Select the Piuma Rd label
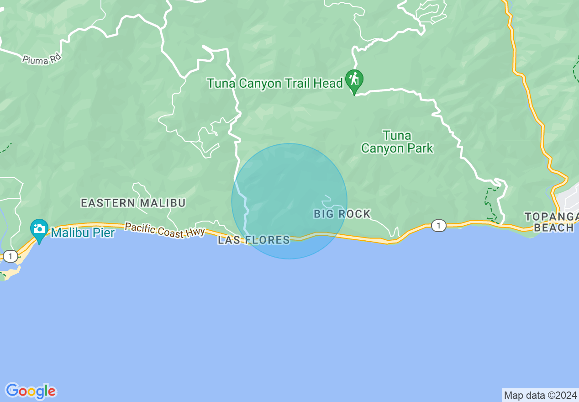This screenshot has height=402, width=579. (x=42, y=59)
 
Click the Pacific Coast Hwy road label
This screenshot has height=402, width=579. (x=165, y=230)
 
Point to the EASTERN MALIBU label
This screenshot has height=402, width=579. (x=133, y=203)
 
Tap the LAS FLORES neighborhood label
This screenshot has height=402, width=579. (x=253, y=240)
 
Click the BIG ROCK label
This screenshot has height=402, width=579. (x=342, y=214)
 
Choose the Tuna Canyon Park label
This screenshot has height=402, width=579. (x=397, y=142)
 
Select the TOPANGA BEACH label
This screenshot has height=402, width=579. (x=551, y=222)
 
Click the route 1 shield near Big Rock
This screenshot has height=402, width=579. (x=438, y=225)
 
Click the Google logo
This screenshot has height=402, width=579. (x=31, y=391)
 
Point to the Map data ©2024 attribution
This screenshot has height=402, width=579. (x=540, y=395)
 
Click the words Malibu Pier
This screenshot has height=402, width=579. (x=83, y=233)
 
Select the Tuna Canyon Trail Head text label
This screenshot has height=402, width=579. (x=274, y=83)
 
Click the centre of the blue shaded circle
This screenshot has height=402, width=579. (x=289, y=201)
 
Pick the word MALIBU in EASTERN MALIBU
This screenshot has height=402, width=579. (x=163, y=203)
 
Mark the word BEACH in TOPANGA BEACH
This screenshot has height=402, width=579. (x=553, y=227)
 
